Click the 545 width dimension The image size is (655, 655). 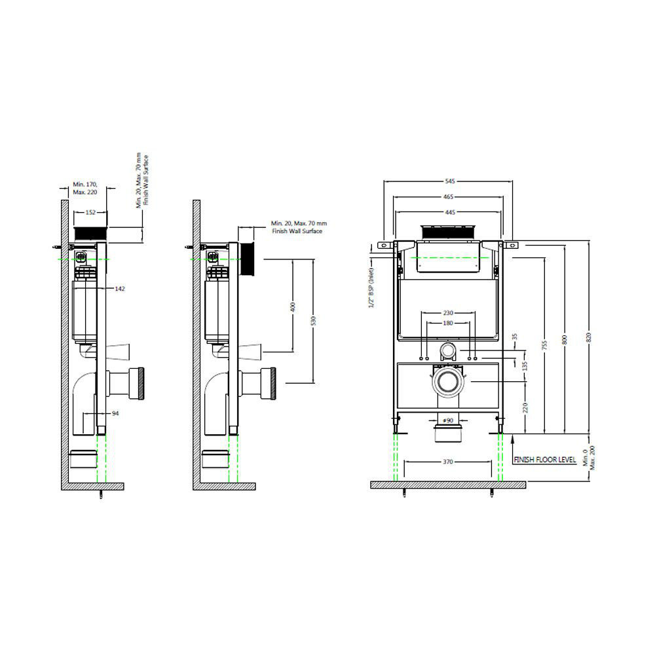click(x=449, y=181)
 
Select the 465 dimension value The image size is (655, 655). click(x=448, y=196)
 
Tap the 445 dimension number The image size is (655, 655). click(x=449, y=213)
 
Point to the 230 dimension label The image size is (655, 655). click(x=448, y=313)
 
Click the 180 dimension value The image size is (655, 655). click(x=448, y=323)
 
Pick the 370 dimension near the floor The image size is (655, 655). click(x=448, y=462)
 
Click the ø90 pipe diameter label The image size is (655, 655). click(x=448, y=421)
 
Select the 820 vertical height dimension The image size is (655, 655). click(x=589, y=337)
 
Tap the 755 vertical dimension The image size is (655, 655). click(x=545, y=345)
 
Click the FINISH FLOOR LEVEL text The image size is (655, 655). click(x=545, y=460)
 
